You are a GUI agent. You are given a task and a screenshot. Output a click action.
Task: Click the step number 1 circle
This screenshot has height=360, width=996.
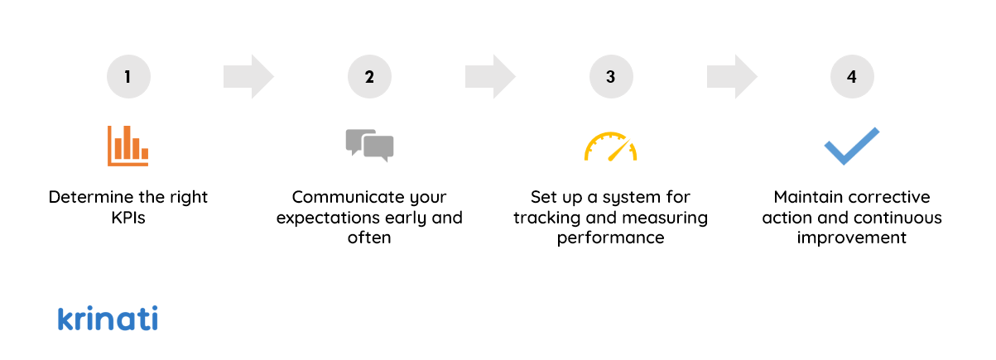coord(128,77)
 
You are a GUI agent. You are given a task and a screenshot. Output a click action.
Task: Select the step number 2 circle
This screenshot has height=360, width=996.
coord(369,77)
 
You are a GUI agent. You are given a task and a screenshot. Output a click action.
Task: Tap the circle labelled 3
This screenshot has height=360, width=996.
coord(611,77)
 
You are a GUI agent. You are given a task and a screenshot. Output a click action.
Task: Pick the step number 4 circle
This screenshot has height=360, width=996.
coord(852,77)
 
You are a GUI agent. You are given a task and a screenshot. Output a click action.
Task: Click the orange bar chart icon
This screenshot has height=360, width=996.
coord(128,146)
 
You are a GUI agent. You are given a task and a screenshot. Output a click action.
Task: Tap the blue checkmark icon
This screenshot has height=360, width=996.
coord(852,146)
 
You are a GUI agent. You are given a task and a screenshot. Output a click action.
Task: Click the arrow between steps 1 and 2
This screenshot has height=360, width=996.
coord(248,77)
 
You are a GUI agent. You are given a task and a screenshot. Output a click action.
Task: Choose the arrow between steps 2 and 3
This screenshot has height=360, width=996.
coord(490,77)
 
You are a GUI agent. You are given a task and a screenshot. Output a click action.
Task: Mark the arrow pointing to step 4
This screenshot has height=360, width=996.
coord(732,77)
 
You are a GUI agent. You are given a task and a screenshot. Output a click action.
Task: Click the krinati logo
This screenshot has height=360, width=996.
coord(108,319)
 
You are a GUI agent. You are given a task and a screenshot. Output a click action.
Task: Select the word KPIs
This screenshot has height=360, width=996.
coord(128,218)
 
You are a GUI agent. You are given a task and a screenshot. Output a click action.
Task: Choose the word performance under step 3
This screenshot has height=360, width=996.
coord(610,238)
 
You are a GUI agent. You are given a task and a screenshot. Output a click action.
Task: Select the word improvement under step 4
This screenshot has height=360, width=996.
coord(852,238)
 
